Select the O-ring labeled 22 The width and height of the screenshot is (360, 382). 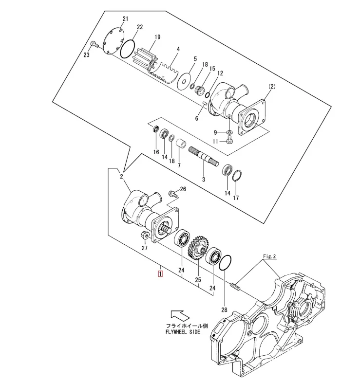pyautogui.click(x=128, y=49)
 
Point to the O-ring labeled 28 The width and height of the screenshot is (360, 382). pyautogui.click(x=225, y=264)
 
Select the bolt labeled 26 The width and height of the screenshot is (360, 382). pyautogui.click(x=172, y=194)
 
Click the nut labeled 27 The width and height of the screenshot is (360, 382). pyautogui.click(x=144, y=236)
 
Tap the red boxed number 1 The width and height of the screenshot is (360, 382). pyautogui.click(x=160, y=273)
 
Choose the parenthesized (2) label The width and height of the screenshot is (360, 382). pyautogui.click(x=272, y=87)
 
